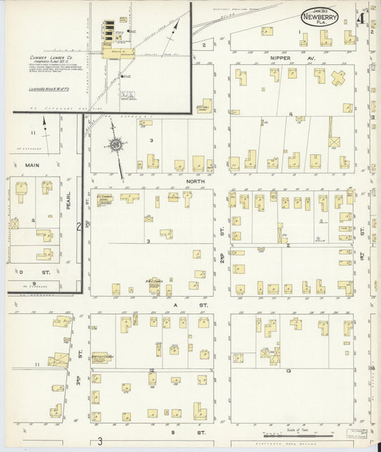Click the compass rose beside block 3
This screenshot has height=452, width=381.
click(115, 144)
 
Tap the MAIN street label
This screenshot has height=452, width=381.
click(32, 164)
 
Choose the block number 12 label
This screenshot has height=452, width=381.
click(152, 370)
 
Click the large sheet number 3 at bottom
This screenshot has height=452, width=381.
click(101, 441)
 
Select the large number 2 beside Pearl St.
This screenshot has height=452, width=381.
click(78, 227)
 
